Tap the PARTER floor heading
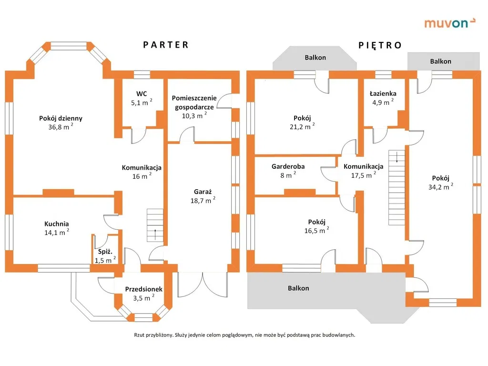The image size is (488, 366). pyautogui.click(x=166, y=45)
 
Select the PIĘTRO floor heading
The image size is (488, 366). pyautogui.click(x=380, y=45)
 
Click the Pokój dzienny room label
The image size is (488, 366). pyautogui.click(x=61, y=118)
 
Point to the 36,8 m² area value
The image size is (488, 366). pyautogui.click(x=60, y=127)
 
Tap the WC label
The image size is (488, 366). pyautogui.click(x=141, y=93)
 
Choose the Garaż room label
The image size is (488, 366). pyautogui.click(x=203, y=192)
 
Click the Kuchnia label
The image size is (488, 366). pyautogui.click(x=57, y=224)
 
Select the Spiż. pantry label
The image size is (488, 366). pyautogui.click(x=105, y=251)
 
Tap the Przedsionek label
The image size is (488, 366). pyautogui.click(x=144, y=289)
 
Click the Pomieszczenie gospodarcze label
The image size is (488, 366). pyautogui.click(x=194, y=102)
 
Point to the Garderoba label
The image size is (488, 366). pyautogui.click(x=288, y=166)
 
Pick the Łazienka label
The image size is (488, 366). pyautogui.click(x=383, y=93)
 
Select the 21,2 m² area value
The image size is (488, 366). pyautogui.click(x=301, y=127)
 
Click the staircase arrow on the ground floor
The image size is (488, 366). pyautogui.click(x=155, y=234)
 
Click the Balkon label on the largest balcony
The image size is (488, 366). pyautogui.click(x=298, y=288)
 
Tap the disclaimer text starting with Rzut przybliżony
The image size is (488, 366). pyautogui.click(x=244, y=335)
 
